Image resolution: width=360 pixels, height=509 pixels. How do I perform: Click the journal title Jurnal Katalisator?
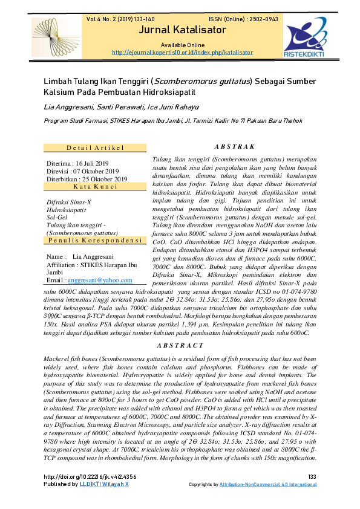click(180, 31)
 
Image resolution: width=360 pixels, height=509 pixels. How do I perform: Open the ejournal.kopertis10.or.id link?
click(180, 53)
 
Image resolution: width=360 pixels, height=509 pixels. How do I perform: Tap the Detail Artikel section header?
click(95, 148)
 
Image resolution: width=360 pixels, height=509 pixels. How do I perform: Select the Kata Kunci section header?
click(95, 187)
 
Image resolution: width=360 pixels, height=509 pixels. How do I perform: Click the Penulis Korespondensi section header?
click(95, 241)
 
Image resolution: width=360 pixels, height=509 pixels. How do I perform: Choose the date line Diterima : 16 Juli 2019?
click(78, 164)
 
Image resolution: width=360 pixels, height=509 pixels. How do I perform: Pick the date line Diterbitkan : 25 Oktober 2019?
click(87, 179)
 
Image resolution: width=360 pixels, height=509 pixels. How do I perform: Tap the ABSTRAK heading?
click(235, 147)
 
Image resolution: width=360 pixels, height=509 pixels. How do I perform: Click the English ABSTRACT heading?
click(180, 345)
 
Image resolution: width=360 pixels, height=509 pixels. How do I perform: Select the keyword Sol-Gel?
click(56, 216)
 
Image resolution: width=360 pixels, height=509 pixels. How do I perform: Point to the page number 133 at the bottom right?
click(312, 477)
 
